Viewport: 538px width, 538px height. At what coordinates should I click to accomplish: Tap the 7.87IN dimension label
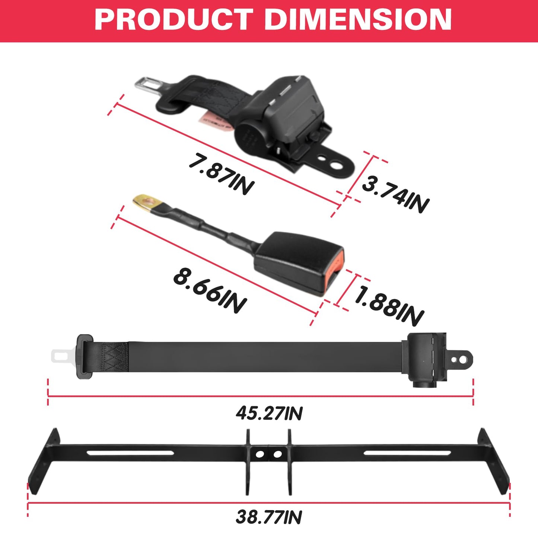pos(221,174)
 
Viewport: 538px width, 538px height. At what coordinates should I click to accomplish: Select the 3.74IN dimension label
pos(396,193)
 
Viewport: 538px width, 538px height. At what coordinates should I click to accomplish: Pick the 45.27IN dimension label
pos(269,414)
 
